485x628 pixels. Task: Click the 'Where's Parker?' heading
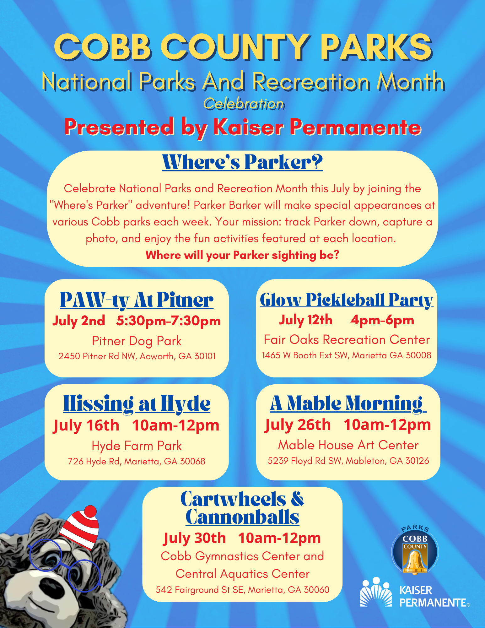242,162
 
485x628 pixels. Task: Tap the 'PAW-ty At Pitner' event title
137,300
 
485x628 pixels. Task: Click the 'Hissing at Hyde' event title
137,403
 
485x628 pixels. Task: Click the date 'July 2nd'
78,321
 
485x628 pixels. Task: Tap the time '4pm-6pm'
382,320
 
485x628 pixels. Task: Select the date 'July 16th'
86,426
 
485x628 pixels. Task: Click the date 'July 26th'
298,425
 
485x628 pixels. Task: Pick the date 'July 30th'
195,538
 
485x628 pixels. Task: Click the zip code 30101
205,356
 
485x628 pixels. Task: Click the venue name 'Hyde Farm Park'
137,446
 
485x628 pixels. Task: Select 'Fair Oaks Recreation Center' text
347,340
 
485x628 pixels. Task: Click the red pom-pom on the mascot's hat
90,511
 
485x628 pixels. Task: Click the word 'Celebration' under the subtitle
244,104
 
